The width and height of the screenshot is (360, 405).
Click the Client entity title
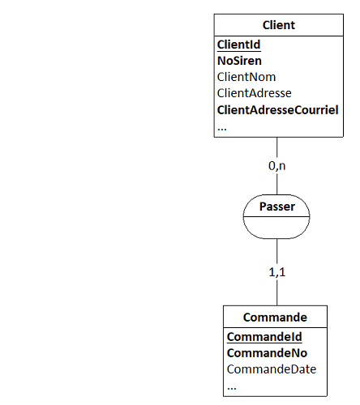pyautogui.click(x=279, y=25)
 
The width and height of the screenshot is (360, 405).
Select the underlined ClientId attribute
pyautogui.click(x=239, y=45)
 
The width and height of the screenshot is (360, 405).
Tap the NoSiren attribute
pyautogui.click(x=239, y=61)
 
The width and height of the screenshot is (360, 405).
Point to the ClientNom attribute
pyautogui.click(x=246, y=77)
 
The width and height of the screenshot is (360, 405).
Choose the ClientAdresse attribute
pyautogui.click(x=255, y=93)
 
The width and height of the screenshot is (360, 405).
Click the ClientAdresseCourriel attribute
pyautogui.click(x=278, y=110)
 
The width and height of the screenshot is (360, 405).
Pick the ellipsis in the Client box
pyautogui.click(x=222, y=129)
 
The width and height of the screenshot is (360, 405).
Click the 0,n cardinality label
pyautogui.click(x=277, y=166)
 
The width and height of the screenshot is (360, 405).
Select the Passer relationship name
pyautogui.click(x=277, y=207)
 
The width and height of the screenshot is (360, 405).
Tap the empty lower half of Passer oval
pyautogui.click(x=276, y=228)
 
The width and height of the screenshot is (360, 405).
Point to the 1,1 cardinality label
pyautogui.click(x=277, y=272)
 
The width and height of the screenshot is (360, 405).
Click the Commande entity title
pyautogui.click(x=275, y=318)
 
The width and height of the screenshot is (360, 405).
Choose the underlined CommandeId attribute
pyautogui.click(x=264, y=337)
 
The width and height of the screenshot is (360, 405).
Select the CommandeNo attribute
pyautogui.click(x=267, y=353)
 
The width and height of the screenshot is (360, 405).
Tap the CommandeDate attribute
pyautogui.click(x=272, y=369)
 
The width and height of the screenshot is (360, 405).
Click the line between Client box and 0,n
pyautogui.click(x=277, y=149)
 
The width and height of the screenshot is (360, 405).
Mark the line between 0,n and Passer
pyautogui.click(x=277, y=184)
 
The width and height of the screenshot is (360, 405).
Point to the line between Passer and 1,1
pyautogui.click(x=277, y=252)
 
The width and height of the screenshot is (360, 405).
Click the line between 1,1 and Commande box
pyautogui.click(x=277, y=293)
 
